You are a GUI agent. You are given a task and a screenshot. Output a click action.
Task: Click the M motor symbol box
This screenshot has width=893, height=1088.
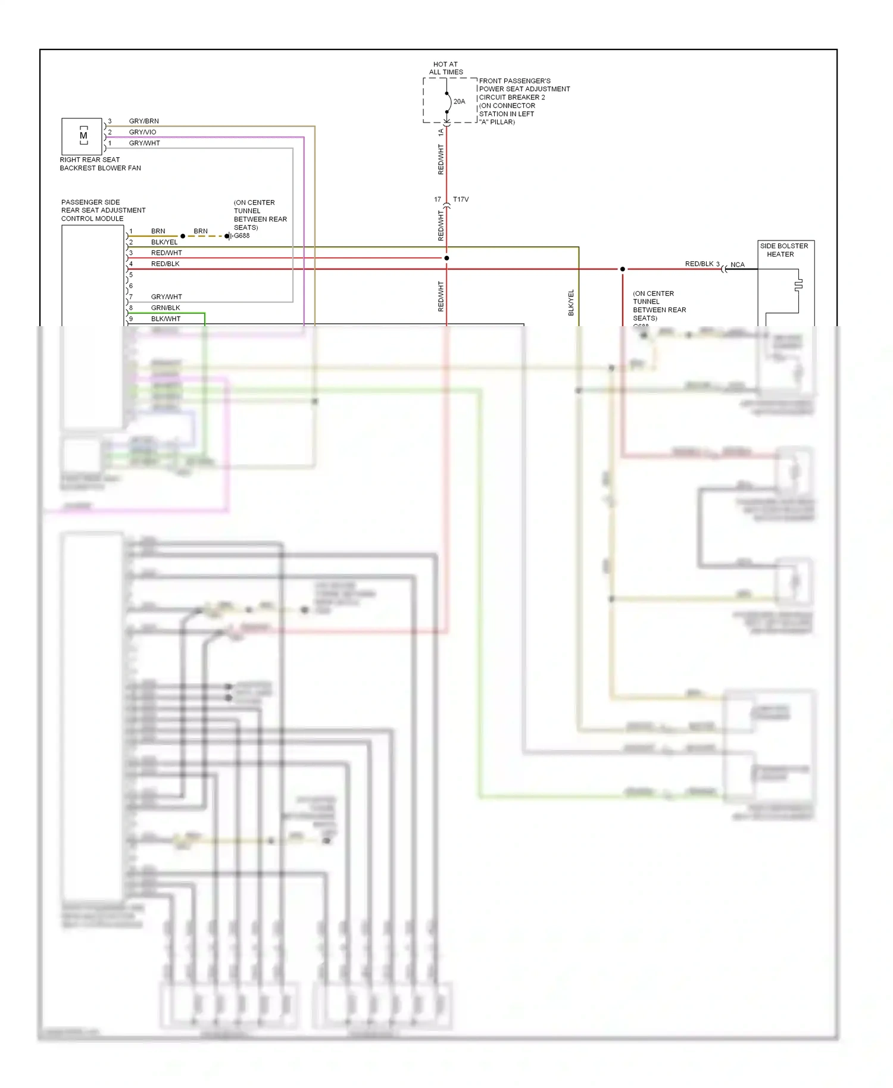[x=82, y=136]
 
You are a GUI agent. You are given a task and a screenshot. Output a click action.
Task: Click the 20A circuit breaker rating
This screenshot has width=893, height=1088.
[x=459, y=102]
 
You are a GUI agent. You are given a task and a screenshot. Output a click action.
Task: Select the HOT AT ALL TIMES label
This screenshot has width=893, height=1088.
[x=445, y=68]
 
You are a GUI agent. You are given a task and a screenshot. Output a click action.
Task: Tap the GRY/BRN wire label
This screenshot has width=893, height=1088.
[x=143, y=121]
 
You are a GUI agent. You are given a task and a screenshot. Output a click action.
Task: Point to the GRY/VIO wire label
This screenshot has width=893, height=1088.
[x=142, y=132]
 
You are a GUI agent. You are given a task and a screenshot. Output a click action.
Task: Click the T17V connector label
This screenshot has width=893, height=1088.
[x=460, y=199]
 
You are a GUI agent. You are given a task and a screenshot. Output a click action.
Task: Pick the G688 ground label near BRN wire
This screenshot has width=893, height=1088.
[x=242, y=236]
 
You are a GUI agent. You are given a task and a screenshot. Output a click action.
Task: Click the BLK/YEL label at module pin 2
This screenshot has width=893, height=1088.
[x=164, y=242]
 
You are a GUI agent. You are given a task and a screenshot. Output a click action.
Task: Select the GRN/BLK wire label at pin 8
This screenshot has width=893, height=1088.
[x=166, y=308]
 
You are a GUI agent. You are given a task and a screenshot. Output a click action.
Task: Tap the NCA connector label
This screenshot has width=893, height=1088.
[x=737, y=265]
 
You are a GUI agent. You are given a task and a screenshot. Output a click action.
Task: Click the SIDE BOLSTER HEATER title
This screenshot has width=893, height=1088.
[x=783, y=250]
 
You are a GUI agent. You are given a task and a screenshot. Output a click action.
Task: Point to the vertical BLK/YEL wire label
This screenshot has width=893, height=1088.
[x=571, y=302]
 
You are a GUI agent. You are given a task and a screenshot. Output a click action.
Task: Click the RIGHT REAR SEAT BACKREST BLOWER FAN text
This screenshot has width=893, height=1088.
[x=100, y=164]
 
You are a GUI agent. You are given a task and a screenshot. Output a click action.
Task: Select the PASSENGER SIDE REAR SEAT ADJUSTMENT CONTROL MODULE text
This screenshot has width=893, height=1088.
[x=103, y=210]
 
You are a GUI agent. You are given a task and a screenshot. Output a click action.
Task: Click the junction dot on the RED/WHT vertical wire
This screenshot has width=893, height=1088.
[x=447, y=258]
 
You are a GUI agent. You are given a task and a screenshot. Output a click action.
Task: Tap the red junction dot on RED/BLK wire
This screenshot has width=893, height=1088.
[x=623, y=269]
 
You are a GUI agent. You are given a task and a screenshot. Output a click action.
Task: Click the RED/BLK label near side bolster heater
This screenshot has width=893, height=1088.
[x=699, y=264]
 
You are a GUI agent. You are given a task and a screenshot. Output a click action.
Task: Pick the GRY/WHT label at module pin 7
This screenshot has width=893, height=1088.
[x=166, y=296]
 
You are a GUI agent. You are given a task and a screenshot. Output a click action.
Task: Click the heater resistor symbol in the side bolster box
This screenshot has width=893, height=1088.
[x=798, y=284]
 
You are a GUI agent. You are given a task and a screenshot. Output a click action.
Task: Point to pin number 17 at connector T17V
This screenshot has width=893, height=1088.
[x=438, y=199]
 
